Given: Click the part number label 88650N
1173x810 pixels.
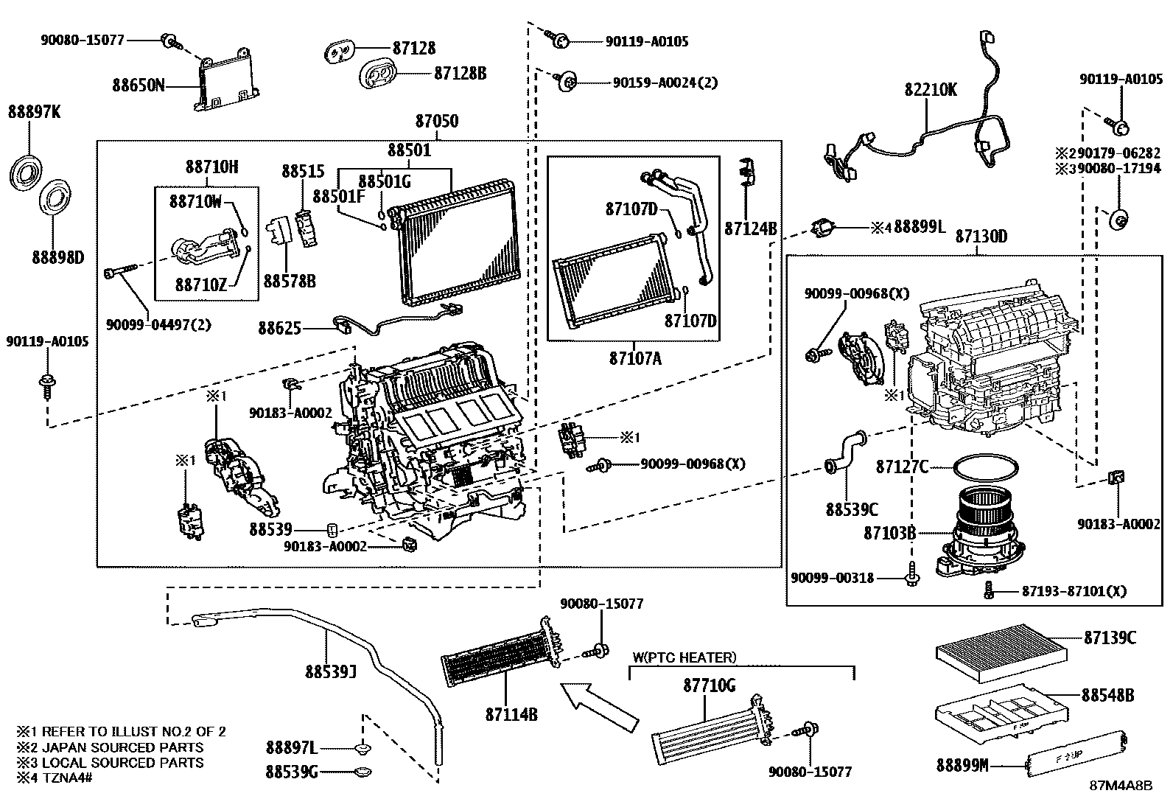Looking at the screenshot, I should pos(138,85).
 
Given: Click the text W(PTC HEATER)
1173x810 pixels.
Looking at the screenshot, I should pos(684,657).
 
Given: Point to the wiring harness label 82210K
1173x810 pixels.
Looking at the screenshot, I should pos(931,90).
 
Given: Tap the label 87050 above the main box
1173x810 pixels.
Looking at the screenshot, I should pos(436,121).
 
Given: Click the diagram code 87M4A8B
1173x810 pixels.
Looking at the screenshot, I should pos(1121,786).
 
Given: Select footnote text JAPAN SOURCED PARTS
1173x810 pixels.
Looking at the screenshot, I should pos(122,747).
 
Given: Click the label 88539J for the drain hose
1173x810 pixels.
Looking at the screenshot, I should pos(332,671).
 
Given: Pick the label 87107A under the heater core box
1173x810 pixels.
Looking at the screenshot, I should pos(635,359).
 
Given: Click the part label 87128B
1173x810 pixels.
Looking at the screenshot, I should pos(460,73).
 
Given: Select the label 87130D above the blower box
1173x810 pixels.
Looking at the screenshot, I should pos(981,237).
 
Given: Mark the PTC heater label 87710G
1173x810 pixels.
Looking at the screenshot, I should pos(709,685).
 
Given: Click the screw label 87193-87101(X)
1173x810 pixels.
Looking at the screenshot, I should pos(1074,591).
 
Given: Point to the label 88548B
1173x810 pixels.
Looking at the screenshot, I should pos(1107,695).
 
